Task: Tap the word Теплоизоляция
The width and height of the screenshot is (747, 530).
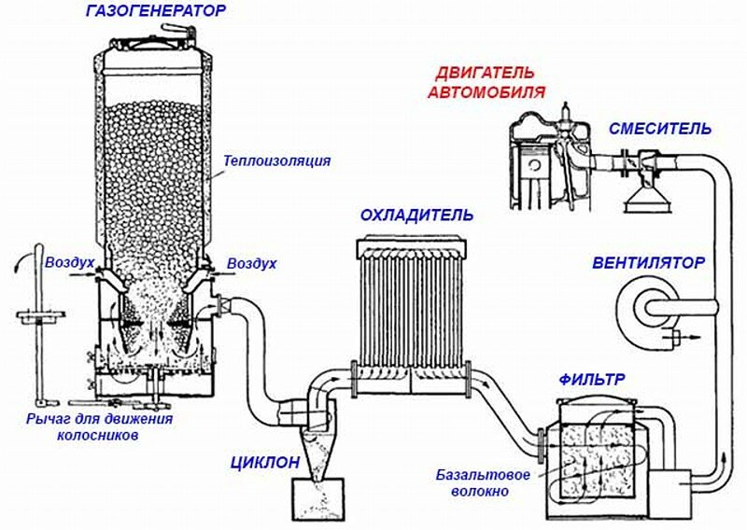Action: [276, 160]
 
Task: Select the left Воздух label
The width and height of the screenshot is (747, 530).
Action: [69, 264]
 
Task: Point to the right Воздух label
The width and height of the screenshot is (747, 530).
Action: [252, 264]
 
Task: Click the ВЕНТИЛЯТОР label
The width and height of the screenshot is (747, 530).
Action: [648, 262]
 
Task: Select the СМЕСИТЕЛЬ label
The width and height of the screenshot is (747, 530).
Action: [659, 129]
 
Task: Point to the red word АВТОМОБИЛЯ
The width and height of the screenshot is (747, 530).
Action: [487, 91]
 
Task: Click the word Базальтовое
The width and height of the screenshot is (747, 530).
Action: [483, 475]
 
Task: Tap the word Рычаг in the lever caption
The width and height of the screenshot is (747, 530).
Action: [49, 419]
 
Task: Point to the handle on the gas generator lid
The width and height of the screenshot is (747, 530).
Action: [176, 30]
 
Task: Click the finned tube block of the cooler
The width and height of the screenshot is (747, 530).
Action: [412, 299]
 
